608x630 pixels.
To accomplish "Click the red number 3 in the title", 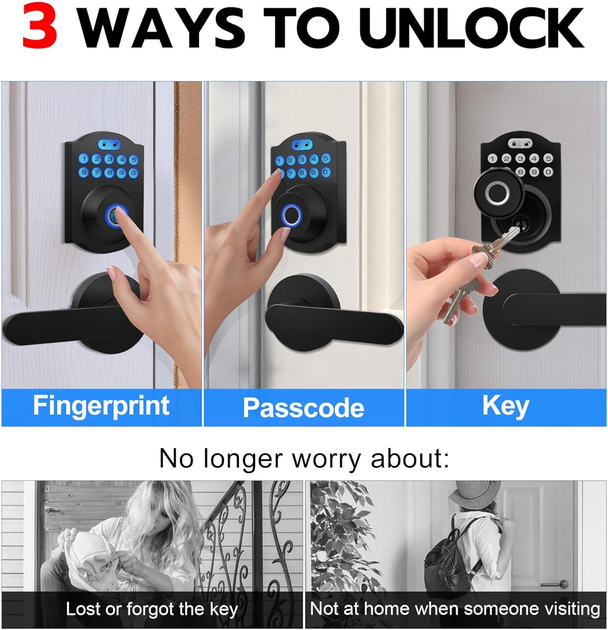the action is pyautogui.click(x=39, y=27).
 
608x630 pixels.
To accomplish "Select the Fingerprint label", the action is pyautogui.click(x=101, y=406).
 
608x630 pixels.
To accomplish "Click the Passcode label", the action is pyautogui.click(x=303, y=408).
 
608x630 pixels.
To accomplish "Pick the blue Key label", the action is pyautogui.click(x=505, y=406).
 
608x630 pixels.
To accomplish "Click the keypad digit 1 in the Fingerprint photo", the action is pyautogui.click(x=84, y=159).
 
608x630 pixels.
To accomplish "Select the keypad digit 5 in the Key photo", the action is pyautogui.click(x=548, y=158).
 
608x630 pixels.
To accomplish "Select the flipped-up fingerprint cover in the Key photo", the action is pyautogui.click(x=499, y=194).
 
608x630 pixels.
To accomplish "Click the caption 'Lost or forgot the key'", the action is pyautogui.click(x=152, y=609).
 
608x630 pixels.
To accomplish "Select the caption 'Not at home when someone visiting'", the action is pyautogui.click(x=455, y=609).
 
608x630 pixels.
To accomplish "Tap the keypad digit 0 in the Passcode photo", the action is pyautogui.click(x=326, y=172).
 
